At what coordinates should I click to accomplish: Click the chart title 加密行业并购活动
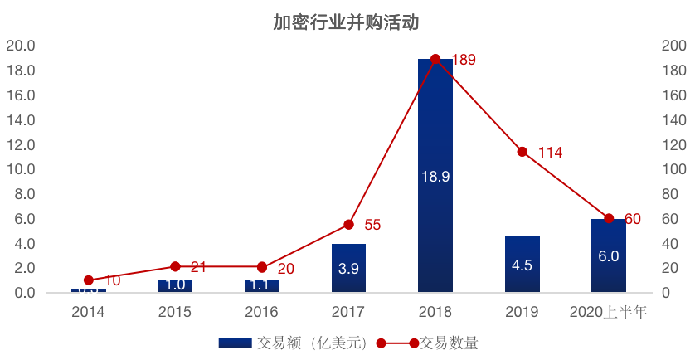point(347,22)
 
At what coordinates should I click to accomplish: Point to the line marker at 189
point(435,60)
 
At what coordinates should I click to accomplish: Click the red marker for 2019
point(522,152)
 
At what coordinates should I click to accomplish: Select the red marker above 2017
point(349,225)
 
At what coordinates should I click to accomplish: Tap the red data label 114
point(550,153)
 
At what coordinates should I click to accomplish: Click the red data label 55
point(372,225)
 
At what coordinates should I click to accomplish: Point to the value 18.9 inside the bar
point(435,177)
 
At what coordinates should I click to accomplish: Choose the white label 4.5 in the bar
point(522,265)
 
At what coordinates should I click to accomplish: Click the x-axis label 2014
point(88,313)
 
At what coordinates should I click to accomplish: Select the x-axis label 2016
point(262,313)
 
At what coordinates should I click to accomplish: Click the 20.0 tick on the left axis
point(21,46)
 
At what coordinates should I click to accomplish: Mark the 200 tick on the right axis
point(673,46)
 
